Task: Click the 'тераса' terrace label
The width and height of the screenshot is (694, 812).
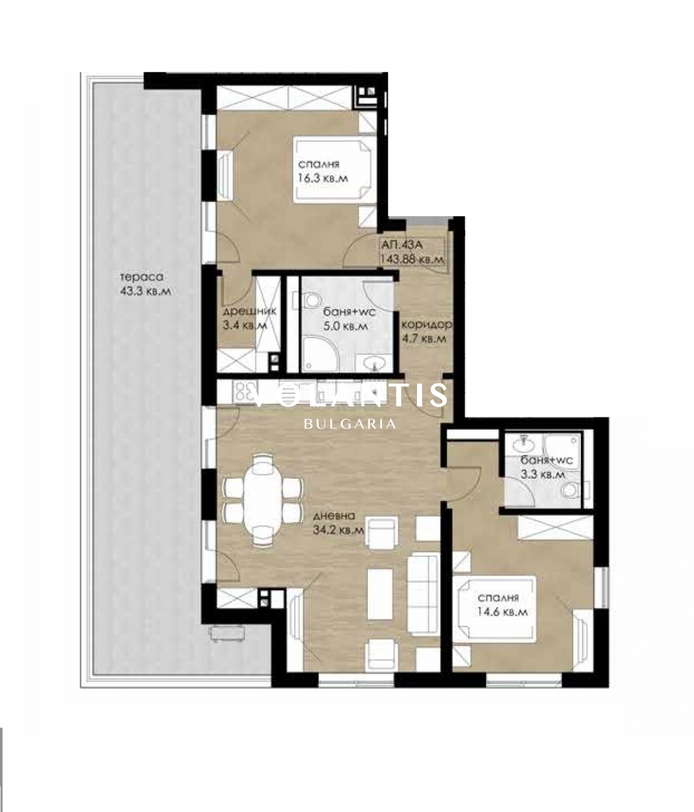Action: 141,277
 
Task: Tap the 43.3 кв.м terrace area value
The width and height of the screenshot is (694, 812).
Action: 146,291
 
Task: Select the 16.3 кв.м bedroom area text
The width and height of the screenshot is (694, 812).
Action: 323,178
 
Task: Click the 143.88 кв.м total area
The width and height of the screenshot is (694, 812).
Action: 412,259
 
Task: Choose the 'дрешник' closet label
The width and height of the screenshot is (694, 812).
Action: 249,311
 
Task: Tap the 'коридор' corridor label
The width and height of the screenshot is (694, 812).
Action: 426,324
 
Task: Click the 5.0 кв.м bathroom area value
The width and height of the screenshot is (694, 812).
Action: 346,326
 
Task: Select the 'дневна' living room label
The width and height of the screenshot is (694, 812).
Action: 335,516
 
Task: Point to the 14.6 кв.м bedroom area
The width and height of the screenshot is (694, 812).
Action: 502,611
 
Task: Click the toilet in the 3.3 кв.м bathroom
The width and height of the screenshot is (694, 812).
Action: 573,490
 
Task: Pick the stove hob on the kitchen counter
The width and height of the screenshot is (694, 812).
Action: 246,392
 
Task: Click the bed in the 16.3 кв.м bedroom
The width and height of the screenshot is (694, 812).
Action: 332,169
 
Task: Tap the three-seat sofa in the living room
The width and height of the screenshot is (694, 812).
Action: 423,594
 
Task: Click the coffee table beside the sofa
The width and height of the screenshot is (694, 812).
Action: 380,593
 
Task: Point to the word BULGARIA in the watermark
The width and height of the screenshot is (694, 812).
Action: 350,424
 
